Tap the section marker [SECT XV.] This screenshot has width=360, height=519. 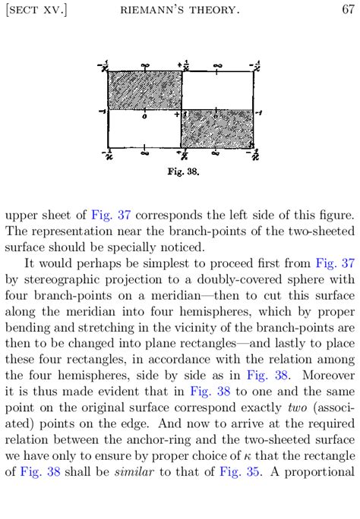36,9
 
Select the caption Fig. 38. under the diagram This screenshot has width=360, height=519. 182,171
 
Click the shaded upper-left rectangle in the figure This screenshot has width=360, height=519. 144,90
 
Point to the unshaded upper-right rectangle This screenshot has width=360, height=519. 217,90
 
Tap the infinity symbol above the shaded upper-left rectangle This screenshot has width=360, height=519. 145,65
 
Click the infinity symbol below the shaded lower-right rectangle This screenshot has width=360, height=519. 216,153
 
